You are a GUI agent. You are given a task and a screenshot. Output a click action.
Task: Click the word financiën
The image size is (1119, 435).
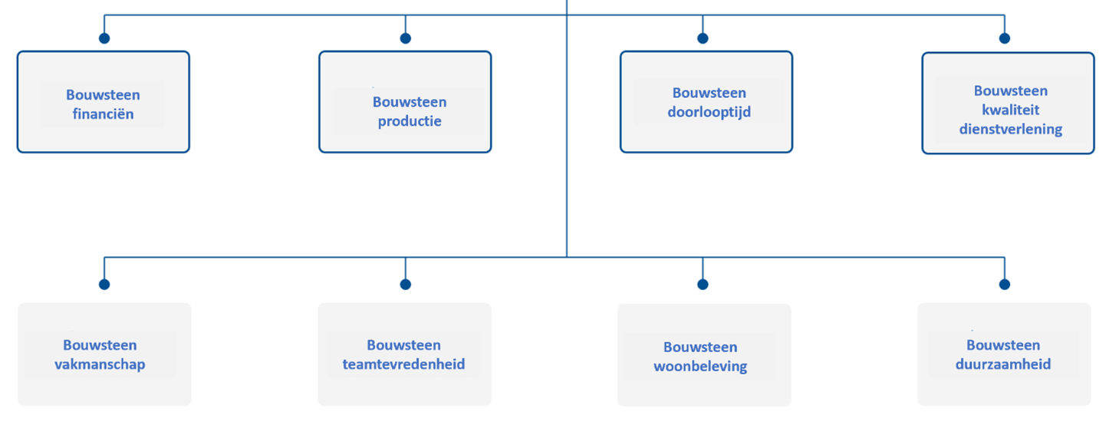(103, 114)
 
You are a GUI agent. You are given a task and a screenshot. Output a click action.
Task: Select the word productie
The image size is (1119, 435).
(410, 121)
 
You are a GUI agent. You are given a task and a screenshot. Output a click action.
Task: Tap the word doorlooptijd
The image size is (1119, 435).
(709, 112)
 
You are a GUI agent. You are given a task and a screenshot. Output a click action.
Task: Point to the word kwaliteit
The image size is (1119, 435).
(1011, 110)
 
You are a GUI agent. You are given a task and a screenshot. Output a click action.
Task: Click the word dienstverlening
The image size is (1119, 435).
(1011, 129)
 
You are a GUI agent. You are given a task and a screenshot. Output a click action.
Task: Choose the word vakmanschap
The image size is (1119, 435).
(100, 364)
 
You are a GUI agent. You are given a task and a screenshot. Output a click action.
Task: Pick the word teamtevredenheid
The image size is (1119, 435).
(403, 364)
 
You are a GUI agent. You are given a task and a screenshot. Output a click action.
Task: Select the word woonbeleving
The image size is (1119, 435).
(700, 366)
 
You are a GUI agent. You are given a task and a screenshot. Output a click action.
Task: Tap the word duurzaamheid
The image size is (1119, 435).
(1003, 364)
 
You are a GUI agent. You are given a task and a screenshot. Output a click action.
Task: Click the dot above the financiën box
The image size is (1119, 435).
(104, 38)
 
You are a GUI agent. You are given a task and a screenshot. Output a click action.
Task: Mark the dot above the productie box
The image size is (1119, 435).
(406, 38)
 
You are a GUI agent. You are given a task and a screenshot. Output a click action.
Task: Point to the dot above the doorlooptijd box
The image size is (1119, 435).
(703, 38)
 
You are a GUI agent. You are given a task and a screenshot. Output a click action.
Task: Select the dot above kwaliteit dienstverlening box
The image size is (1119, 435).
(1005, 38)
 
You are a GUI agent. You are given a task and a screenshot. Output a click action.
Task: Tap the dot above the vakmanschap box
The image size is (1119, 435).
(104, 284)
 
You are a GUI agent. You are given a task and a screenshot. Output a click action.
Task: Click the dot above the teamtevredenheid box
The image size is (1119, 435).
(406, 284)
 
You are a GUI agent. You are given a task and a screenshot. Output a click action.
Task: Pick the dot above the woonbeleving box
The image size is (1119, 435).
(703, 284)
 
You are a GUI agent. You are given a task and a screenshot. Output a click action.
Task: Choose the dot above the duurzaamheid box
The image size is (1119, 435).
(1005, 284)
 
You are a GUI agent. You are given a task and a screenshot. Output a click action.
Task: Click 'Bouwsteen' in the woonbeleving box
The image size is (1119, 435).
(700, 347)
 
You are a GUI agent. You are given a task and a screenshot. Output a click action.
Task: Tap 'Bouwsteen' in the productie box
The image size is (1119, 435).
(410, 102)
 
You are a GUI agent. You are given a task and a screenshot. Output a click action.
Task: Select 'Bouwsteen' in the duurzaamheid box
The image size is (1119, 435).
(1003, 344)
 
